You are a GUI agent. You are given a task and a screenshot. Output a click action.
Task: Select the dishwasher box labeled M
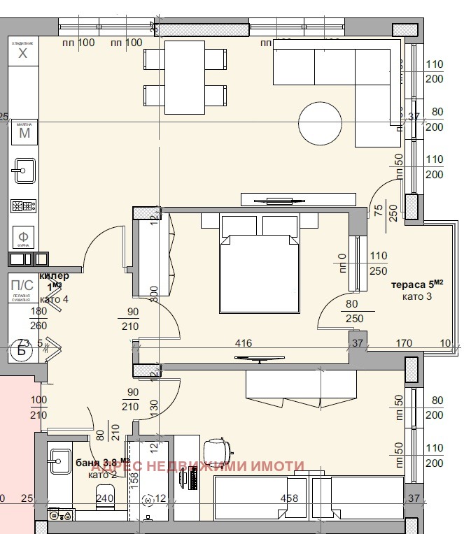click(24, 132)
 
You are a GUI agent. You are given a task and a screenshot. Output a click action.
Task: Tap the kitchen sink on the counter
click(24, 169)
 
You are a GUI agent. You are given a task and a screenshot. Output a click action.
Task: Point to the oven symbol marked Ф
click(23, 235)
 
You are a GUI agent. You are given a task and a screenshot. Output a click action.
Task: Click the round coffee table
click(321, 124)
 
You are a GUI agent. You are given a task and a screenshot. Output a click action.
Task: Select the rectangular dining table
click(185, 76)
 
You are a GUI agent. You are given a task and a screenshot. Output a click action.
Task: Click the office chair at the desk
click(217, 449)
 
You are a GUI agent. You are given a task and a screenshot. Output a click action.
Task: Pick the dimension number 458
click(289, 498)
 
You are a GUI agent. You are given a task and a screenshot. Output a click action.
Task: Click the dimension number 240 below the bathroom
click(105, 499)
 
